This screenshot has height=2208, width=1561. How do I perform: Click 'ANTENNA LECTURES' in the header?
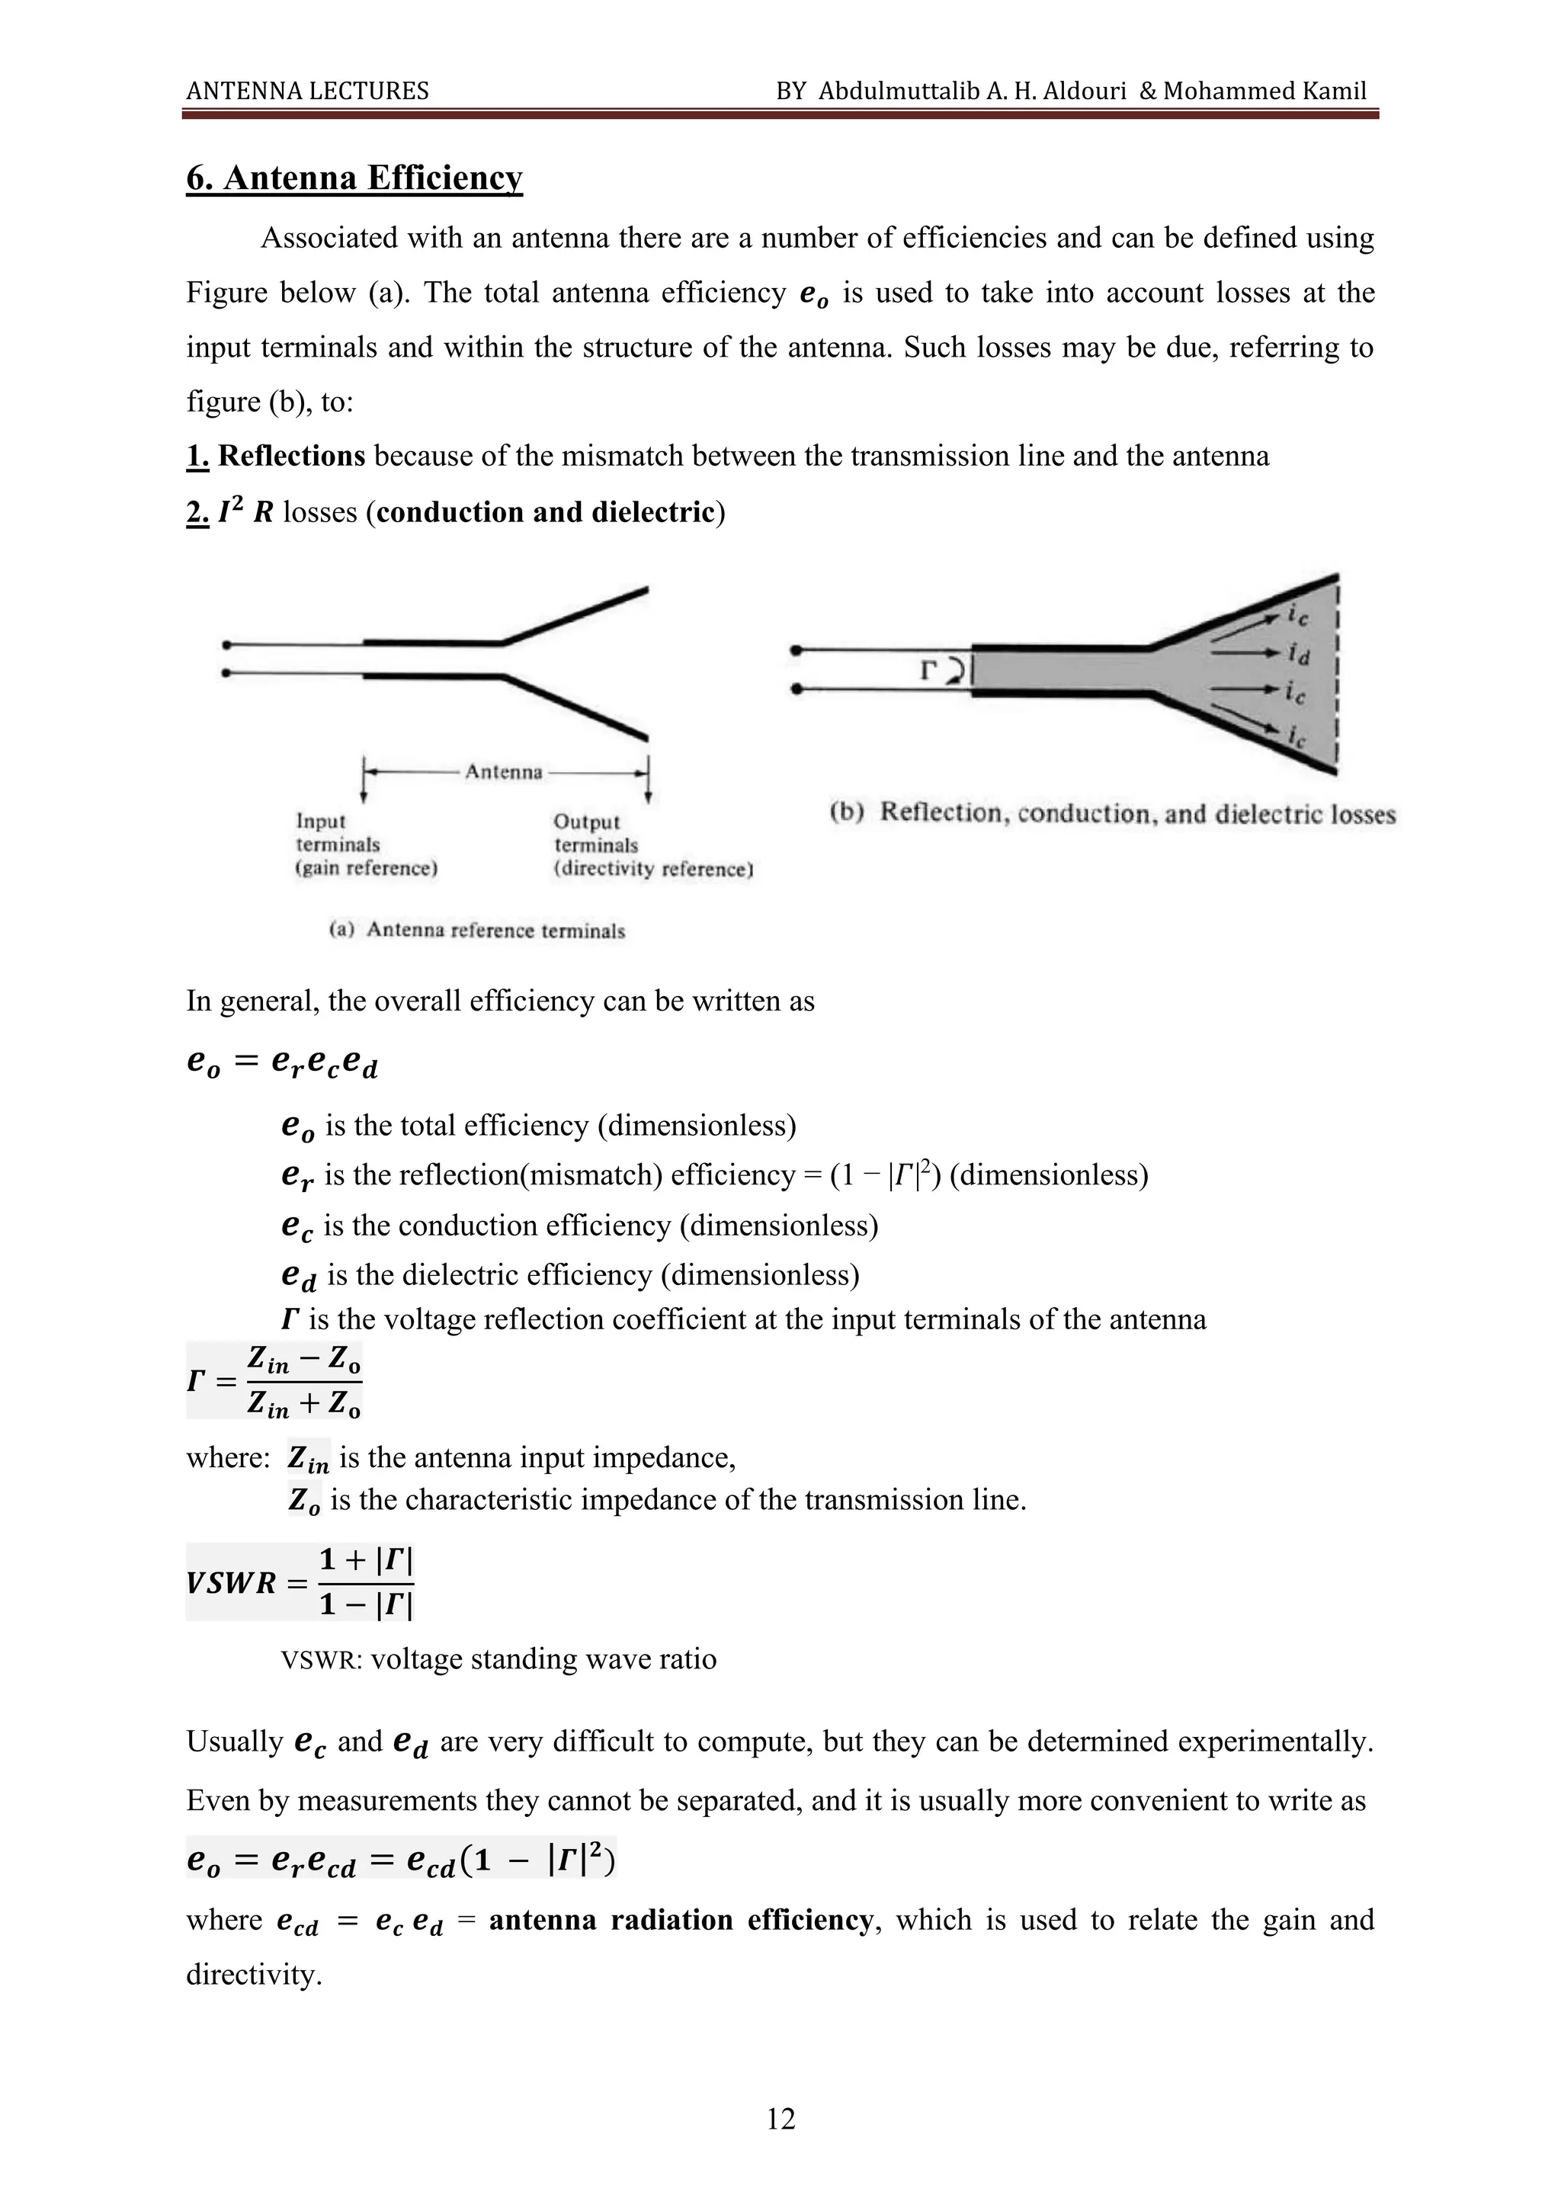[308, 91]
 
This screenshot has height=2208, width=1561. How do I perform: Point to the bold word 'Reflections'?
[291, 456]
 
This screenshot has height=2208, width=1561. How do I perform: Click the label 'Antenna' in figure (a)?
[504, 771]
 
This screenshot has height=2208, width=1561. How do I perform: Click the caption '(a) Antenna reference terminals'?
[477, 930]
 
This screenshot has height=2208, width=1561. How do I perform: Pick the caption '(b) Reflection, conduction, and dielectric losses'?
[1112, 813]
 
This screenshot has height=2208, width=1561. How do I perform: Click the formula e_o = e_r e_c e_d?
[282, 1062]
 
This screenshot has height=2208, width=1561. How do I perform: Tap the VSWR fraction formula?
[300, 1582]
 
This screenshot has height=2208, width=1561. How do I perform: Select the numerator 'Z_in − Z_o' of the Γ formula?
[304, 1360]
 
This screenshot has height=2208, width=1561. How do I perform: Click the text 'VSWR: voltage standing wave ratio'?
[498, 1659]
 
